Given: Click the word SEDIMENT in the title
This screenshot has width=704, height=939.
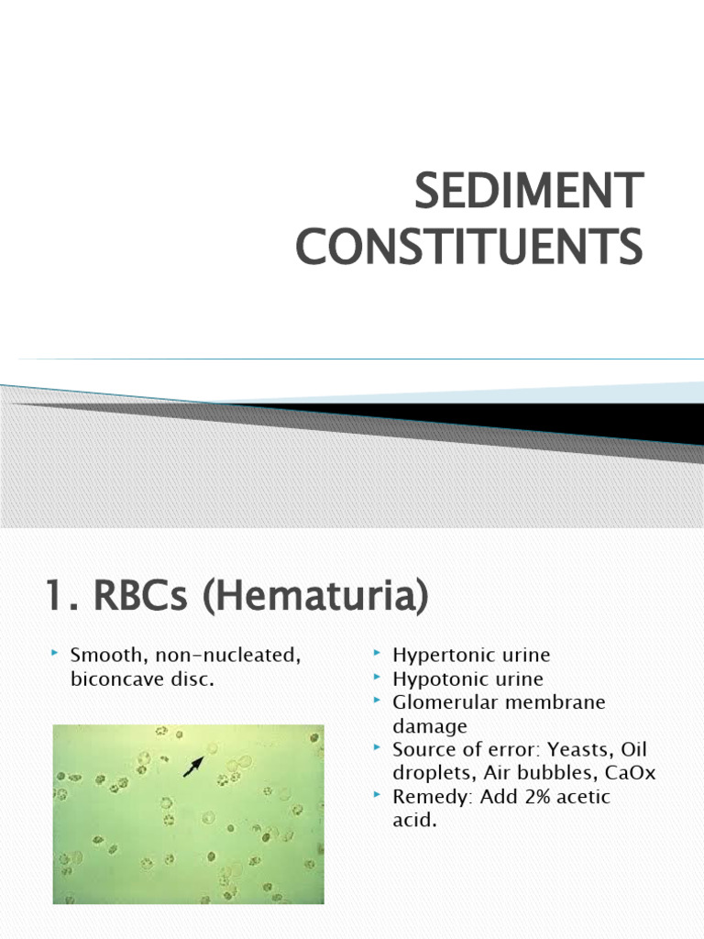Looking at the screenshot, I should pos(528,191).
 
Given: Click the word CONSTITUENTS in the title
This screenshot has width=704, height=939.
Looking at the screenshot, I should pos(468,248).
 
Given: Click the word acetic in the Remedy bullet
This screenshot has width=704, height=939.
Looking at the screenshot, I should pos(578,798).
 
